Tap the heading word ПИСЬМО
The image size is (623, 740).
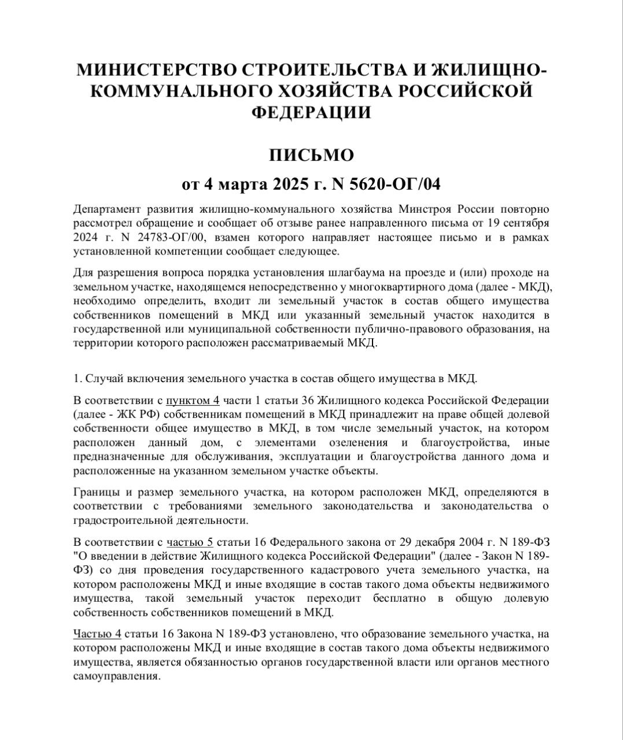[311, 156]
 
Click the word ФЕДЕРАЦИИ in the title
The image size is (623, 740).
[311, 112]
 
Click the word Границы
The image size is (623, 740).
[96, 492]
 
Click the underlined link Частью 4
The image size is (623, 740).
[97, 633]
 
